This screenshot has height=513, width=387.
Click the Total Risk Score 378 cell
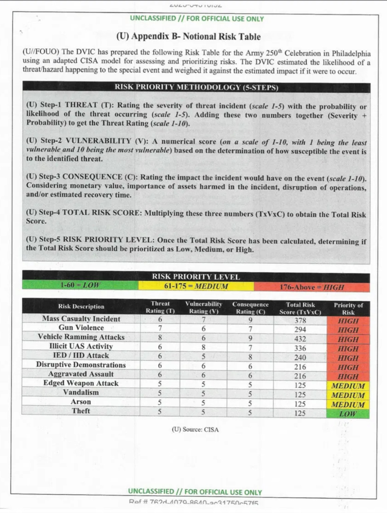coord(300,320)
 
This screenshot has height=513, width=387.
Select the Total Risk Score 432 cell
coord(300,339)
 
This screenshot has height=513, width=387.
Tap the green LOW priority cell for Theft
coord(348,414)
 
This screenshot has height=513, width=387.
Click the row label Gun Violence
coord(81,328)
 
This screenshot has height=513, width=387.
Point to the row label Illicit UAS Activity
coord(81,346)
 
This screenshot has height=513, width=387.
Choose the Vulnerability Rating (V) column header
coord(203,307)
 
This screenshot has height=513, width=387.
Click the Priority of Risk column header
coord(348,309)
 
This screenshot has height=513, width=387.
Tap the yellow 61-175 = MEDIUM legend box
coord(196,286)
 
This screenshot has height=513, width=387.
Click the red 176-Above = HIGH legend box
coord(312,287)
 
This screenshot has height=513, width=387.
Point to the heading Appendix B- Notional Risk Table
coord(188,36)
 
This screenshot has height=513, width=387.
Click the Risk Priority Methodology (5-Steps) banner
coord(196,87)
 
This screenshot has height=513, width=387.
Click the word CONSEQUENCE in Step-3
coord(92,177)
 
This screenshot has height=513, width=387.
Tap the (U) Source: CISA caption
coord(195,430)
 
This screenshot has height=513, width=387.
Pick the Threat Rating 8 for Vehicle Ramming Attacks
coord(160,337)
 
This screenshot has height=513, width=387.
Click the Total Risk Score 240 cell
coord(300,358)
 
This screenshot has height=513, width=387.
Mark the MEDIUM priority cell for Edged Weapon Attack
coord(348,386)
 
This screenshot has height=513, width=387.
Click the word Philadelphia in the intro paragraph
coord(351,53)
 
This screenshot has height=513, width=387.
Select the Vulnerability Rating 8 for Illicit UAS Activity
coord(203,347)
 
